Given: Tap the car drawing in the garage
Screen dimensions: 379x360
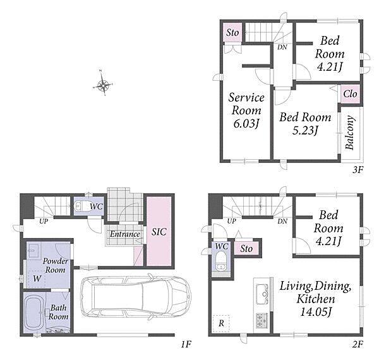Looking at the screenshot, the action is pos(136,296).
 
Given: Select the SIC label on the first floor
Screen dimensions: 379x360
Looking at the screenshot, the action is pos(159,232).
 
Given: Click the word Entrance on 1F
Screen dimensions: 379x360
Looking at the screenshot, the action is pos(125,234).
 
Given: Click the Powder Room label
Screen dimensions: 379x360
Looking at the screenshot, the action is pos(56,265).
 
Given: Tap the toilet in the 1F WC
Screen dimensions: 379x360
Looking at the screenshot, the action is pos(81,207).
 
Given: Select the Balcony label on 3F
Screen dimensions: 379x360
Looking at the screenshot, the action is pos(350,133).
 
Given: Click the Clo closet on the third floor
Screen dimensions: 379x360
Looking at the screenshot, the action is pos(350,93).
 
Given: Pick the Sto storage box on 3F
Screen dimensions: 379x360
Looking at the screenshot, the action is pos(232,33).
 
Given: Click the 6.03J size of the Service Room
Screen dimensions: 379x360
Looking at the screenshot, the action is pos(246,124).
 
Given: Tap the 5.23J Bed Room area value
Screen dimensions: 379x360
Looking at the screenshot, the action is pos(305,131).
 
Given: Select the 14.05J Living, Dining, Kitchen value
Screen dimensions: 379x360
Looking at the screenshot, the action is pos(315,311).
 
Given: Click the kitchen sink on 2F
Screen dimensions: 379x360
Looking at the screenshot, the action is pos(262,294).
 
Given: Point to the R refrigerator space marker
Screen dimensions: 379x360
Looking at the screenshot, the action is pos(221,323).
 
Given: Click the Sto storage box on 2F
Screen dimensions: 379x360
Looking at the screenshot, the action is pos(246,248).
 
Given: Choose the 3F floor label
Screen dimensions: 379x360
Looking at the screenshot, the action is pos(358,170).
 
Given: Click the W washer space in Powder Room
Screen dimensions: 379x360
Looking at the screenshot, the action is pos(37,279).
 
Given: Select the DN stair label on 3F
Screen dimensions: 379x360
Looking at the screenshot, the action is pos(282,47).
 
